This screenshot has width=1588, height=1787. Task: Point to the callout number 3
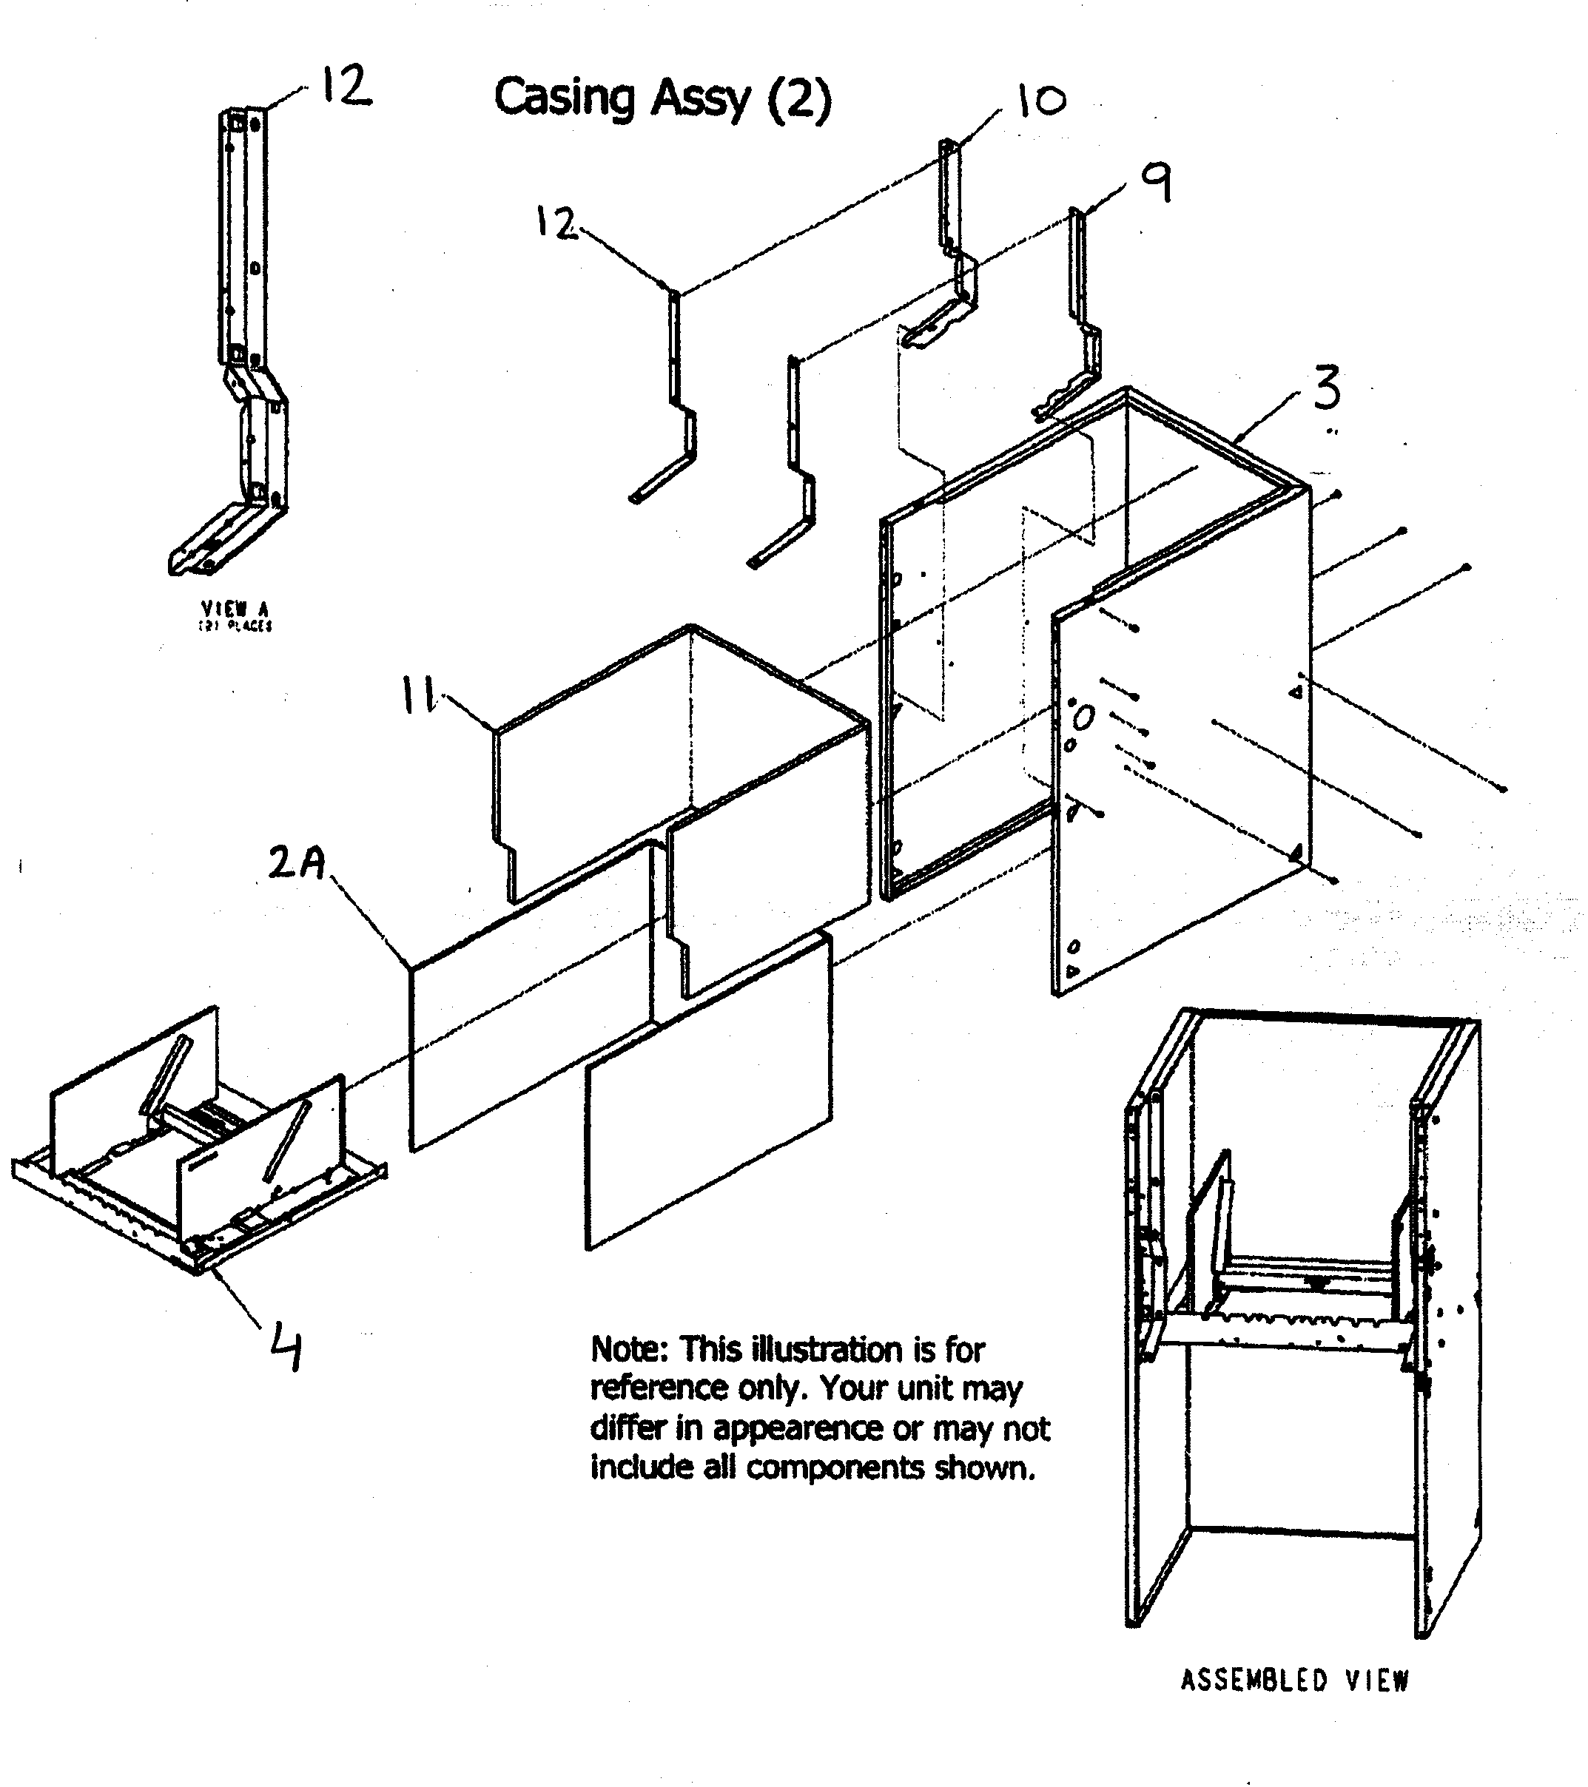pyautogui.click(x=1327, y=388)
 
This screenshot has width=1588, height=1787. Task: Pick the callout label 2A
pyautogui.click(x=297, y=863)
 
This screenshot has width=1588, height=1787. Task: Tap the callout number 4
pyautogui.click(x=285, y=1347)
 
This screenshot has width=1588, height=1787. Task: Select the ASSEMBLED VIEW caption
pyautogui.click(x=1294, y=1680)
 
